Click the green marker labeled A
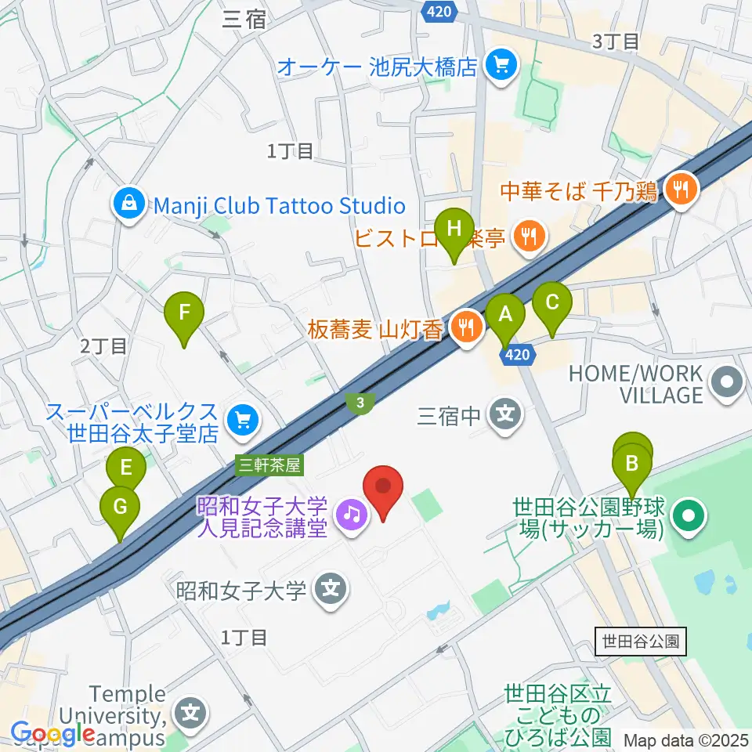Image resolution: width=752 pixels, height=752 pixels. (506, 316)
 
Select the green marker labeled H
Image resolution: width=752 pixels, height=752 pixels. (454, 230)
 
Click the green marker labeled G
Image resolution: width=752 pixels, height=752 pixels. (120, 508)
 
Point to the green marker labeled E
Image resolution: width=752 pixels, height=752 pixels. (127, 471)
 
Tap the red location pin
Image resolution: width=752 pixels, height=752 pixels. (384, 487)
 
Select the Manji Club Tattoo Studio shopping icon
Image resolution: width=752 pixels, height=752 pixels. (126, 205)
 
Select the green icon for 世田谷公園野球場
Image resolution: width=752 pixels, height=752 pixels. (689, 517)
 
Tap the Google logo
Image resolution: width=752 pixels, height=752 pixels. (52, 734)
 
